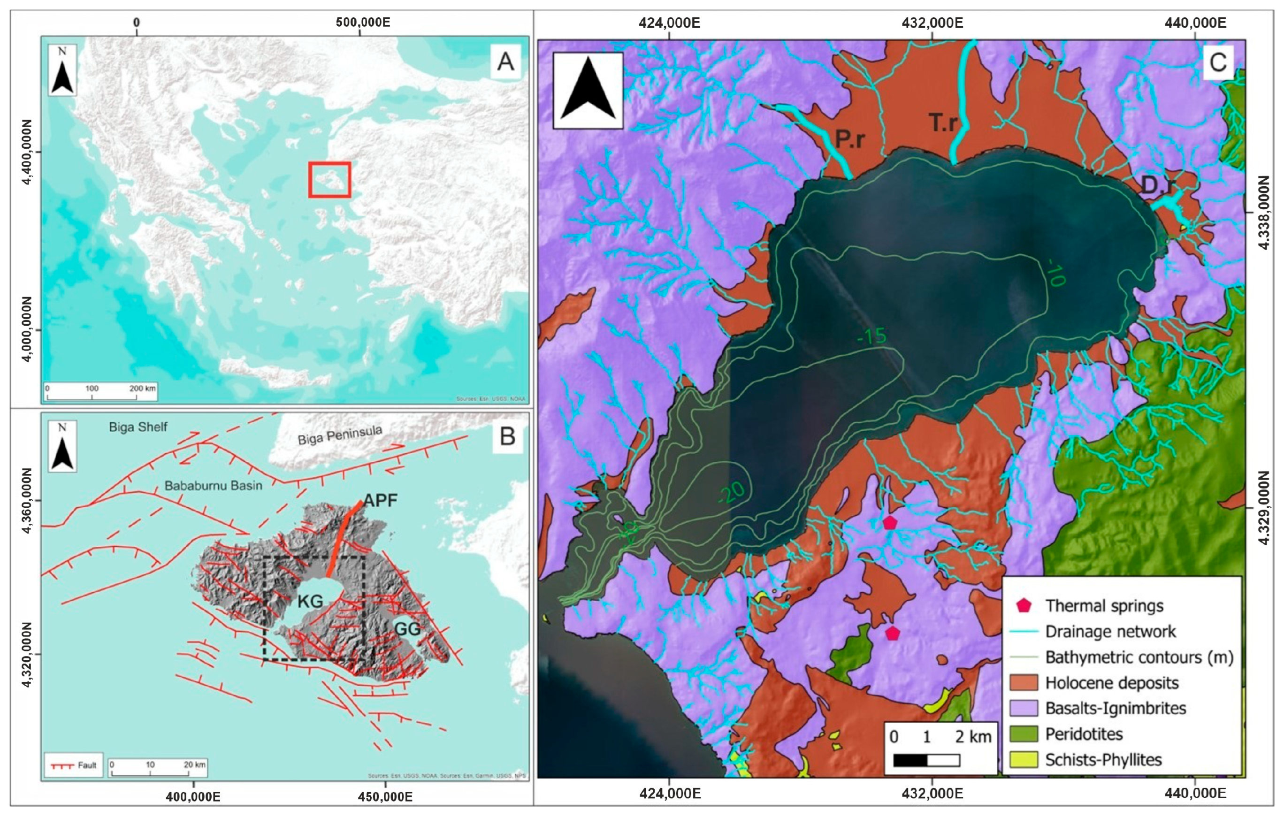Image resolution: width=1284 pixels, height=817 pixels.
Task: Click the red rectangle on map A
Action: pyautogui.click(x=329, y=180)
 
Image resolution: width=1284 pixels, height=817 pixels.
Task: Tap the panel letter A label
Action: pyautogui.click(x=505, y=61)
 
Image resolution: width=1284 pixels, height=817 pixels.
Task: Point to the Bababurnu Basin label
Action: pyautogui.click(x=213, y=486)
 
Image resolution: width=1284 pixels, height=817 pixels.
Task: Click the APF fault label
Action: pyautogui.click(x=380, y=500)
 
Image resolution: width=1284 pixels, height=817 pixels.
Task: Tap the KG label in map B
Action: pyautogui.click(x=310, y=602)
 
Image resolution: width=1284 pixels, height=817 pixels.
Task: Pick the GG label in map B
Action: pyautogui.click(x=407, y=629)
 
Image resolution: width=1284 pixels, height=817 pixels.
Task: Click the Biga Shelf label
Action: pyautogui.click(x=138, y=427)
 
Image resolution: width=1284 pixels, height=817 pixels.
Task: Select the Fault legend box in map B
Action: pyautogui.click(x=73, y=765)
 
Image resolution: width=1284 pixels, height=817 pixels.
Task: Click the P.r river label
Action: pyautogui.click(x=849, y=139)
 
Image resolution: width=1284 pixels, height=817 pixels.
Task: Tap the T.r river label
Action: pyautogui.click(x=943, y=122)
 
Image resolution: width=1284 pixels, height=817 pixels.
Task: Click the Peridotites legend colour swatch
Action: pyautogui.click(x=1023, y=734)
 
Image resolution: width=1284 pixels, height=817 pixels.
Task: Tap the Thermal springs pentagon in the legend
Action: pyautogui.click(x=1023, y=605)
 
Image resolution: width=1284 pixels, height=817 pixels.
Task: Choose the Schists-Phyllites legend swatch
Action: pyautogui.click(x=1023, y=759)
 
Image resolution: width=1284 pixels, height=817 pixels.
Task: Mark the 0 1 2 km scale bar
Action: pyautogui.click(x=926, y=759)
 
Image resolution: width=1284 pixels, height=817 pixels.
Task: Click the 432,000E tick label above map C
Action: pyautogui.click(x=932, y=23)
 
